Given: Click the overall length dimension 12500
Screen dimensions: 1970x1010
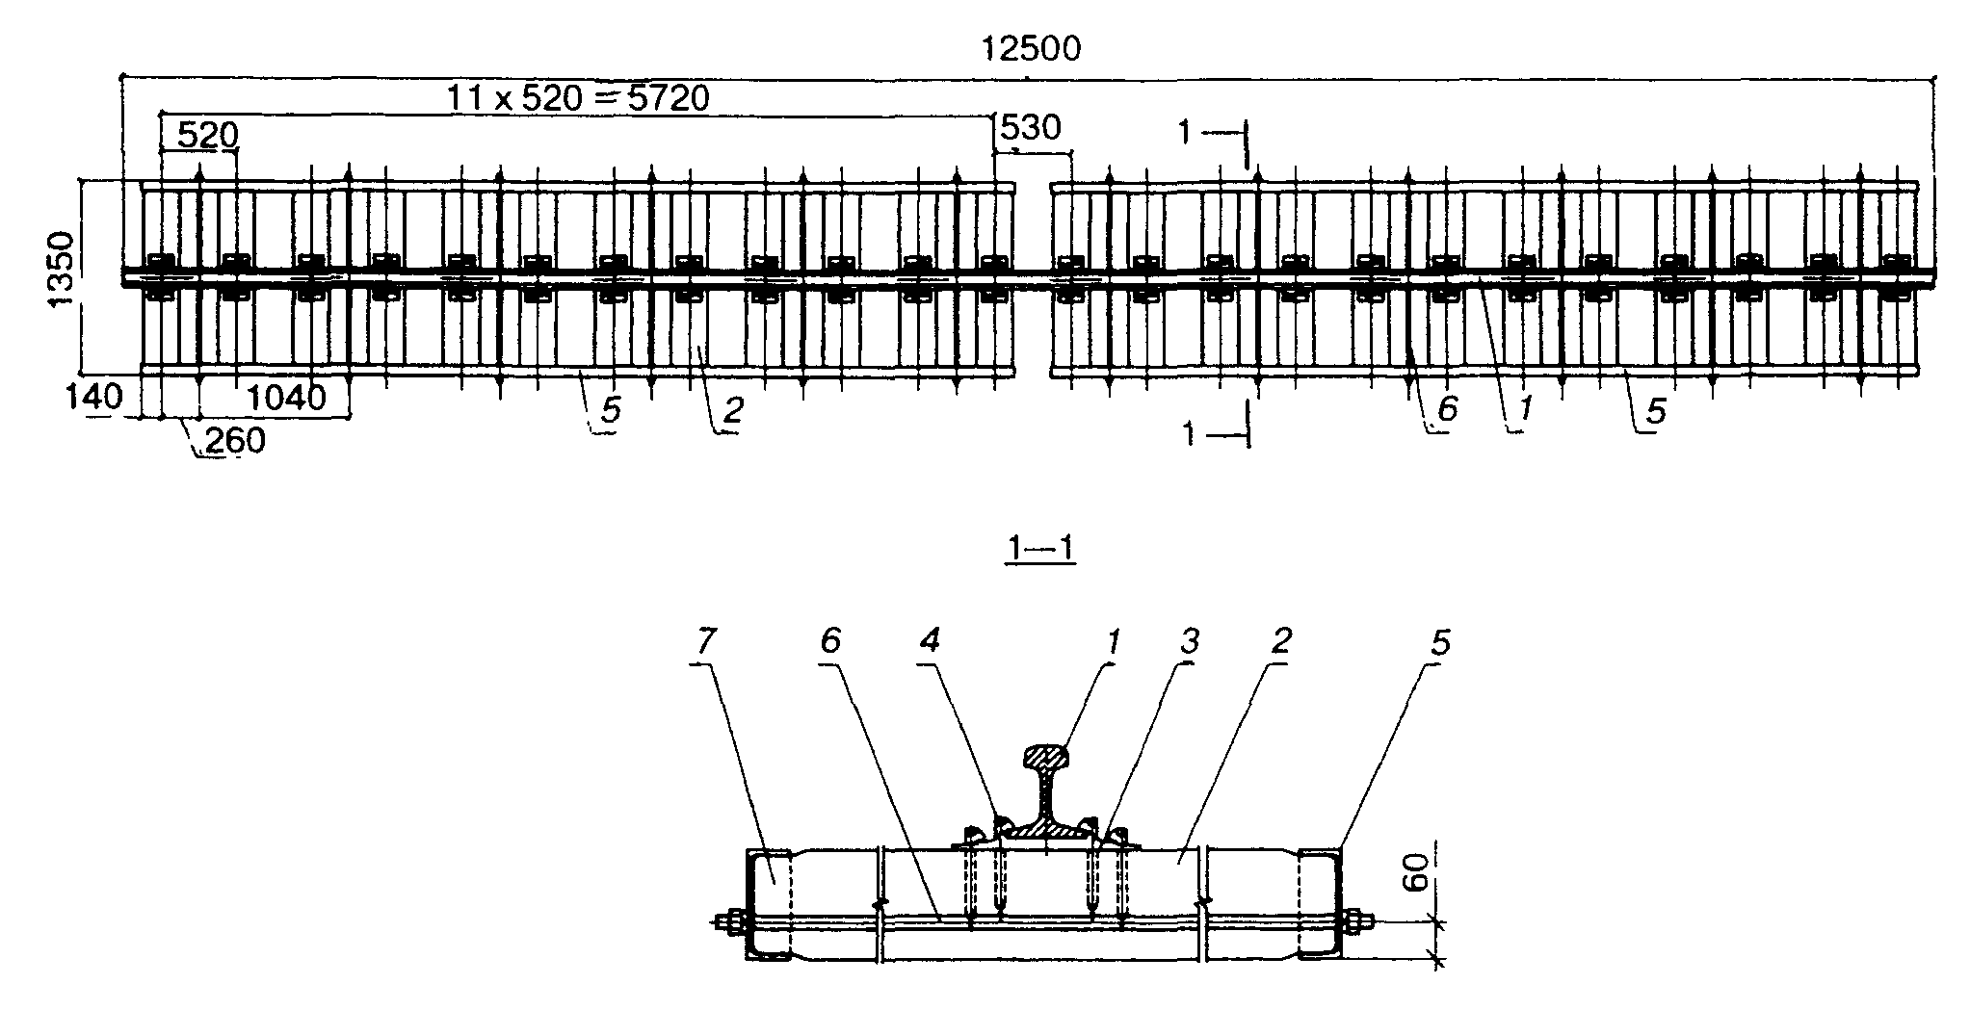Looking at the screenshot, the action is point(1030,49).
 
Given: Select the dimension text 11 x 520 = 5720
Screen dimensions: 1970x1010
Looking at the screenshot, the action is point(578,98).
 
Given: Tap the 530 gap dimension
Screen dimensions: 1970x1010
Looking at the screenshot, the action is point(1031,128).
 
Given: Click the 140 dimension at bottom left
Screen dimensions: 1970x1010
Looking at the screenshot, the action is point(95,396).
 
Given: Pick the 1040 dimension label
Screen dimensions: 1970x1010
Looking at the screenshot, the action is point(286,397).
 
